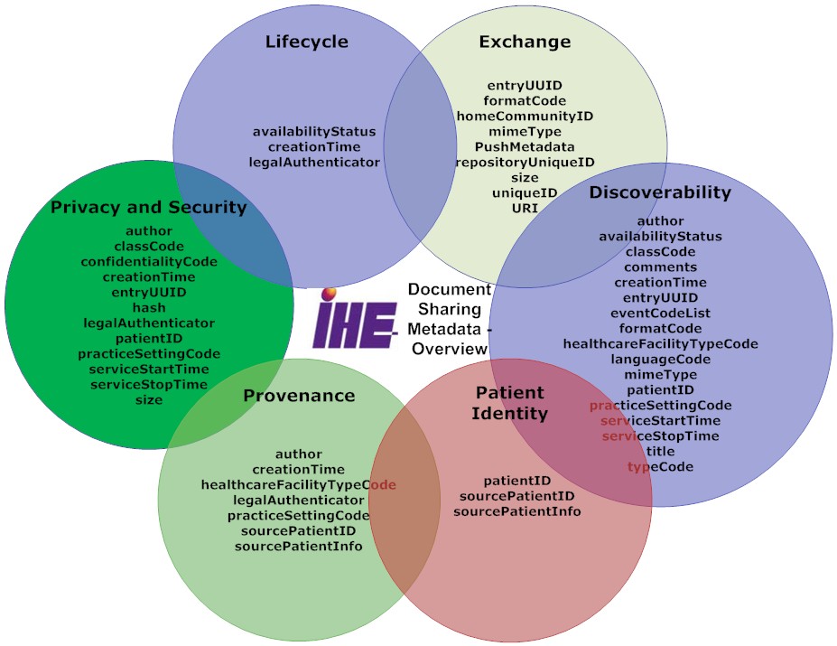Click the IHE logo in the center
coord(355,319)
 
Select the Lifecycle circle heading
coord(306,42)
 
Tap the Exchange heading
coord(525,42)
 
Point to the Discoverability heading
coord(660,192)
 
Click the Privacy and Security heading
coord(148,207)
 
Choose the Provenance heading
coord(299,396)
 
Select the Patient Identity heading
coord(511,403)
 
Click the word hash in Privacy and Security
coord(149,308)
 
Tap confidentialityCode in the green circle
coord(149,261)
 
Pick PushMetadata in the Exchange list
coord(525,146)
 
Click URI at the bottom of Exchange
coord(525,208)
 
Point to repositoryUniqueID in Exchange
coord(525,162)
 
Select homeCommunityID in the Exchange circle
coord(525,116)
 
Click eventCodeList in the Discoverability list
coord(660,313)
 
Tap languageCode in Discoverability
coord(660,359)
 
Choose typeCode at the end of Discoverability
coord(660,466)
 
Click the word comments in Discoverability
coord(660,267)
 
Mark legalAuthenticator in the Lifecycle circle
coord(314,162)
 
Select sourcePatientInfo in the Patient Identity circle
coord(516,511)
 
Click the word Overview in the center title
coord(442,349)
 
